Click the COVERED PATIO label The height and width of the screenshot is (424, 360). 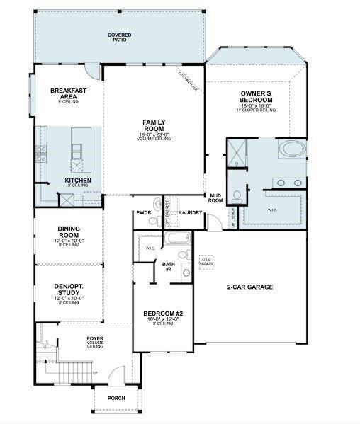119,37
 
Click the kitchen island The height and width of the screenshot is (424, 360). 77,150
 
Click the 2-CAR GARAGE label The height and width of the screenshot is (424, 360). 249,287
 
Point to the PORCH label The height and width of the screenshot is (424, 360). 116,398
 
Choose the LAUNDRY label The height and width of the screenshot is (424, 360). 191,212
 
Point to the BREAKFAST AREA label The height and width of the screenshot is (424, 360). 68,93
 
